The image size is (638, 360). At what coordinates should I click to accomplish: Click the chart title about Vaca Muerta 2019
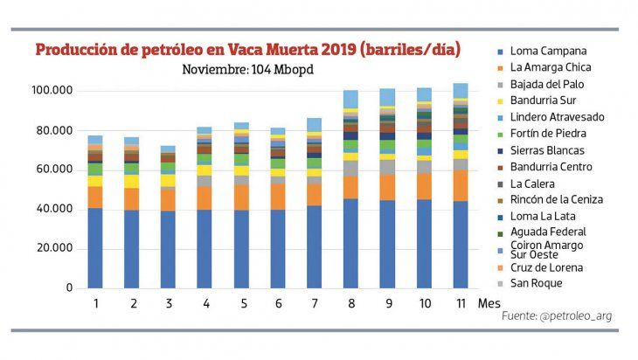(248, 50)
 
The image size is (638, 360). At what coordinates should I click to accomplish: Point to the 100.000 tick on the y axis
(52, 91)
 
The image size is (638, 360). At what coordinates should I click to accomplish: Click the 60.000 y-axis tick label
(54, 170)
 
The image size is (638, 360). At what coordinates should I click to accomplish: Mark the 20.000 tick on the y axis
(54, 249)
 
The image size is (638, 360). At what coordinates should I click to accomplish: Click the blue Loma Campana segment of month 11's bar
(460, 245)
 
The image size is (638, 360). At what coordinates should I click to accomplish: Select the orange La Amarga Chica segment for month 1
(94, 197)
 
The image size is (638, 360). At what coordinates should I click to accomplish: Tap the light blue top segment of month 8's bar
(350, 98)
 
